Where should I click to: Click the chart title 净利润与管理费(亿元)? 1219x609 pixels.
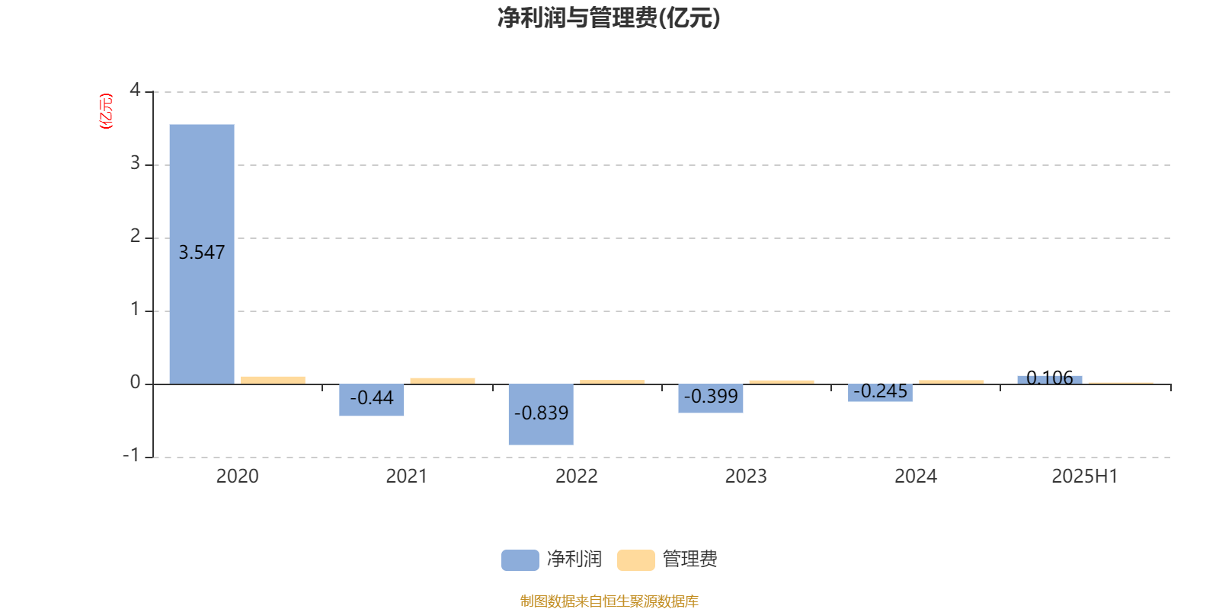609,18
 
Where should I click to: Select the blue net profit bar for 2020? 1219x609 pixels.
202,254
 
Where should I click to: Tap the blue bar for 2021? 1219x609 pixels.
372,400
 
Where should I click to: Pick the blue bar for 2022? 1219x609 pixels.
541,414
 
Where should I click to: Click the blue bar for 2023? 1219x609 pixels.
711,398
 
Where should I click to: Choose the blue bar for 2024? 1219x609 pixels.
880,393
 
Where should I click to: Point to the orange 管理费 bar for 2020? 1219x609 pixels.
274,381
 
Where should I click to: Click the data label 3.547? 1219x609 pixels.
202,252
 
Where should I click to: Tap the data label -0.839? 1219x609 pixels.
541,413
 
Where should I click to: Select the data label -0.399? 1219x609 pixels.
711,397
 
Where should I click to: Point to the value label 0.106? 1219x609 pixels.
1050,378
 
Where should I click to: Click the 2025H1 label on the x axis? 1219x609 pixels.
1085,477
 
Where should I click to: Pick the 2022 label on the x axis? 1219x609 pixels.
576,477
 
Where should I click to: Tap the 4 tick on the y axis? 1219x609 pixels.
135,90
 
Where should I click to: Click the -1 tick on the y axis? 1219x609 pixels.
131,455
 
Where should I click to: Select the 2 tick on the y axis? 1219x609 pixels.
135,236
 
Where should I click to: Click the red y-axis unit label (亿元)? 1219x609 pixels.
106,111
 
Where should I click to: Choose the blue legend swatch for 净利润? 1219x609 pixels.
520,560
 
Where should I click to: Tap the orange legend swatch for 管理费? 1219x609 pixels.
635,560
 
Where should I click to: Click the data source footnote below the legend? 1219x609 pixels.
609,601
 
